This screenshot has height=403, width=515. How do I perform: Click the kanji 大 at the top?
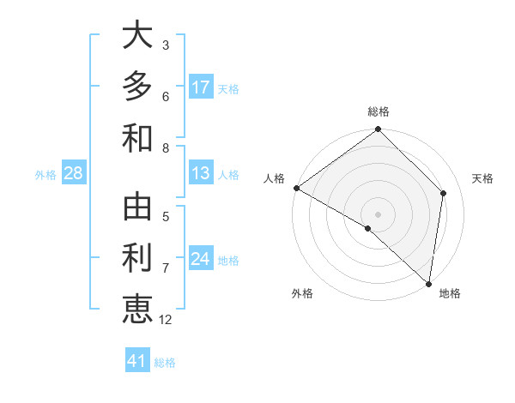click(137, 36)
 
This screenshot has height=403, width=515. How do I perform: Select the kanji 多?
click(137, 87)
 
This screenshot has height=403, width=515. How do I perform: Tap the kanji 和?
click(137, 137)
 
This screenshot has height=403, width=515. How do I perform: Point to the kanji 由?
click(137, 208)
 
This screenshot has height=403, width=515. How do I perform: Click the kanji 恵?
click(137, 309)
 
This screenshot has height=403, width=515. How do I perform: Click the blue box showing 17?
click(201, 87)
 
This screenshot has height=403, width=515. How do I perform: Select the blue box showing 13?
click(201, 174)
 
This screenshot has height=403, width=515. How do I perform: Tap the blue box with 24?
click(201, 259)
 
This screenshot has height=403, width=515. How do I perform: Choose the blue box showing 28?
click(73, 174)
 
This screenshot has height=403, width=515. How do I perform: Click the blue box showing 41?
click(137, 361)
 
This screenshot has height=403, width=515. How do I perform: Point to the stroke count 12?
click(166, 320)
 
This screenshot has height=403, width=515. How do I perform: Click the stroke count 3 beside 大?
click(166, 45)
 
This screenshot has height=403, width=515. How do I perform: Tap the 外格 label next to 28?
click(45, 175)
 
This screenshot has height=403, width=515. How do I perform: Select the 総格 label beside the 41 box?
click(165, 363)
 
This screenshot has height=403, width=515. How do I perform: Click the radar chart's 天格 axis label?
click(482, 178)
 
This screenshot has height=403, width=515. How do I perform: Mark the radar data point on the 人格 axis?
click(296, 188)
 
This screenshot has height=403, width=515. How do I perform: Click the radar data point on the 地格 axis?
click(427, 283)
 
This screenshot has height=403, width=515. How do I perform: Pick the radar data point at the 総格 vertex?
click(378, 130)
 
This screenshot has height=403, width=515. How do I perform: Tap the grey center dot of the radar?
click(378, 214)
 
